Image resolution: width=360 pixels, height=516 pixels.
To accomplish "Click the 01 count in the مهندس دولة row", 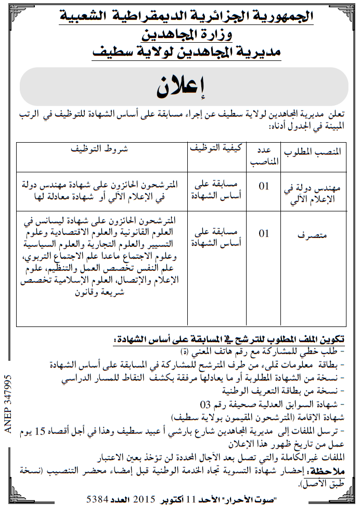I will pos(265,185).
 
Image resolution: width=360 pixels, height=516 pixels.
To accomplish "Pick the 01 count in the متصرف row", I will pos(265,233).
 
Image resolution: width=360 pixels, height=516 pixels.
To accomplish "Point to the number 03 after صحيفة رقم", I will pos(205,404).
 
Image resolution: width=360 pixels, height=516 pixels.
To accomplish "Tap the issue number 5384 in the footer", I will pos(97,499).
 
